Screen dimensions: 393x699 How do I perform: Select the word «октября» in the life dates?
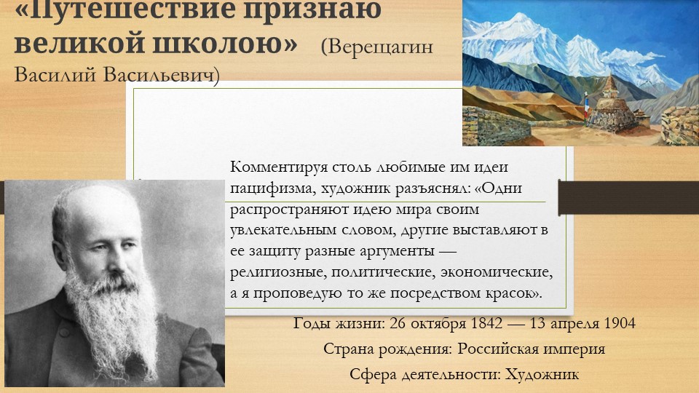coord(433,324)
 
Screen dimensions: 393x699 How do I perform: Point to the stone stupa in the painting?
coord(608,109)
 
